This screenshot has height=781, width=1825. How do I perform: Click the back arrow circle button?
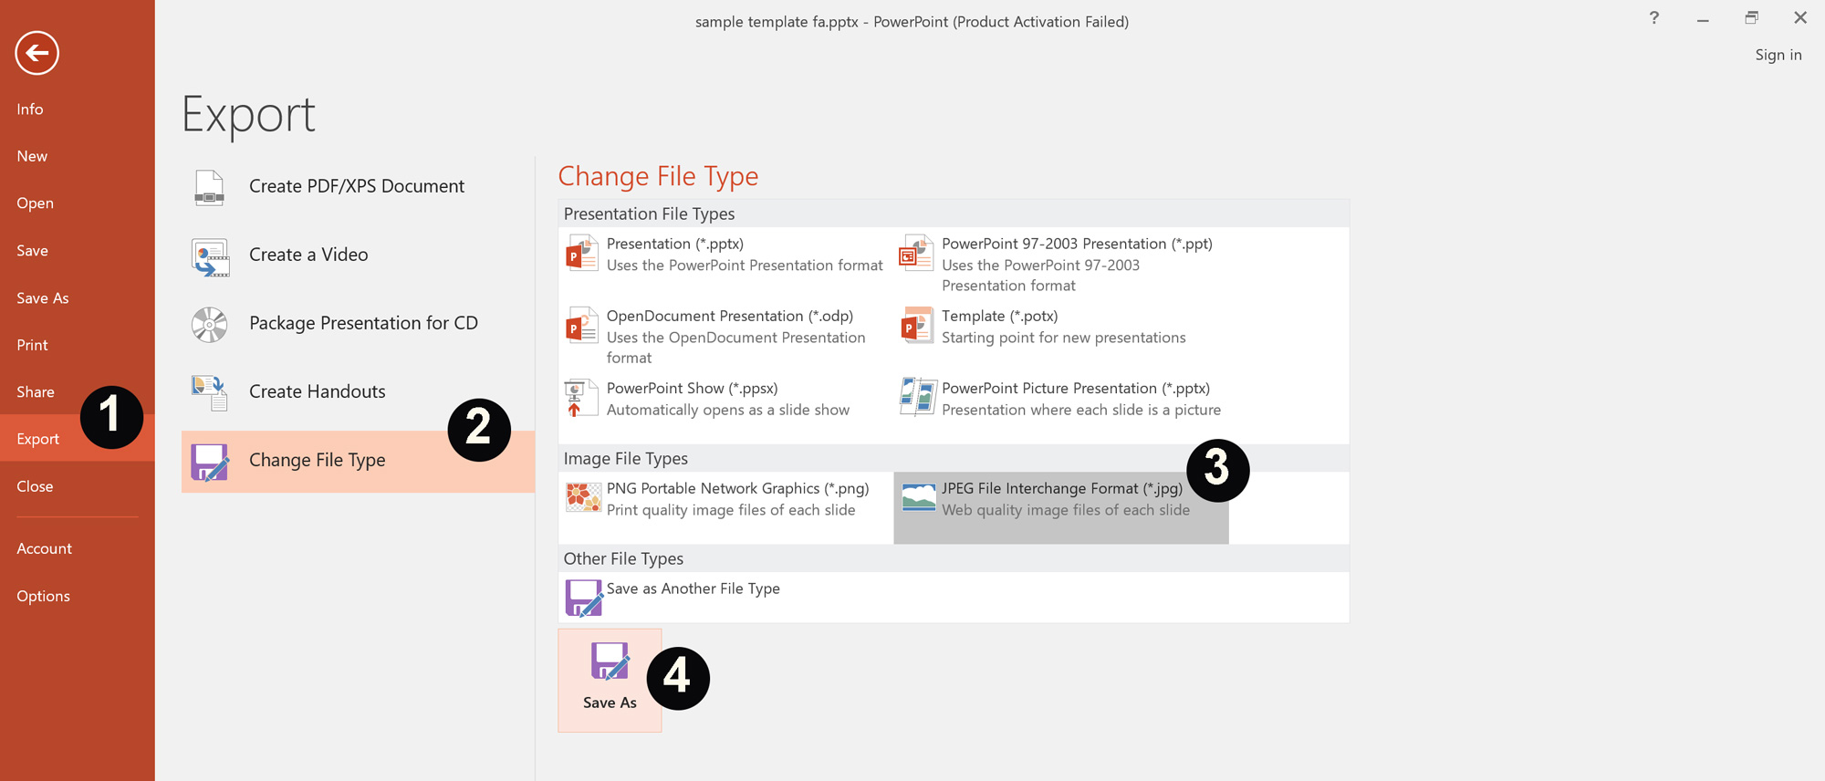(x=37, y=53)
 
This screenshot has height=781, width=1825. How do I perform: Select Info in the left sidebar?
(x=30, y=109)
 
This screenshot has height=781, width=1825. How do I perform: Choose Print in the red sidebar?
(x=32, y=345)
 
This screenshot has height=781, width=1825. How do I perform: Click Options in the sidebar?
(x=43, y=596)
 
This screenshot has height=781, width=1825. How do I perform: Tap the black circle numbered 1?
(x=111, y=417)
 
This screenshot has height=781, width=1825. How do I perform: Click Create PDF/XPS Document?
(x=356, y=186)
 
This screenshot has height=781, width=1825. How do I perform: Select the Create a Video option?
(x=308, y=255)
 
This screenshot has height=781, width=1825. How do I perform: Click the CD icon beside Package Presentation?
(x=209, y=324)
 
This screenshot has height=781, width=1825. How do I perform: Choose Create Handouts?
(x=317, y=391)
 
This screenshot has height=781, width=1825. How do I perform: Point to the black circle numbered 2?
(x=479, y=430)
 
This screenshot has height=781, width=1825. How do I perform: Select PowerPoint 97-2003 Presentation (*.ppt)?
(x=1076, y=244)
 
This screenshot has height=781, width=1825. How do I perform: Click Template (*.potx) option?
(x=999, y=316)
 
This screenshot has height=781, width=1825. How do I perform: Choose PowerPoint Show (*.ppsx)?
(x=692, y=389)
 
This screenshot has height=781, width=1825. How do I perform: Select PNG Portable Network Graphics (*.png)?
(x=736, y=489)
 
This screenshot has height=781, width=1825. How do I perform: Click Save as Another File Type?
(x=693, y=589)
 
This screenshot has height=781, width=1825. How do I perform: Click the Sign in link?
(x=1778, y=55)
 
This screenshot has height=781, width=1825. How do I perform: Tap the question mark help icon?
(x=1653, y=18)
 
